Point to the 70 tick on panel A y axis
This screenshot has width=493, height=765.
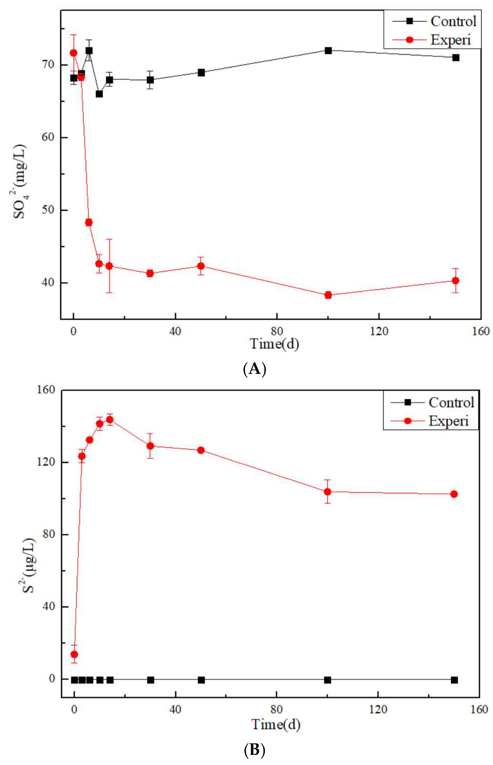48,65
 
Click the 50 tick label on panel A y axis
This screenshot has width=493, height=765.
48,210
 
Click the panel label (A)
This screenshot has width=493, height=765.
255,369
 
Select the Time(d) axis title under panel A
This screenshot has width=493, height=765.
274,344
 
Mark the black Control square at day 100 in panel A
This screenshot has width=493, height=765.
328,50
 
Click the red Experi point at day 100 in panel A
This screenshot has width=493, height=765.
328,295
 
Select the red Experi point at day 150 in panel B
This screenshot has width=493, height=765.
454,494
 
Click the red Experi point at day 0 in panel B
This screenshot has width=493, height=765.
74,654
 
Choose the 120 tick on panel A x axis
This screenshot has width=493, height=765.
379,331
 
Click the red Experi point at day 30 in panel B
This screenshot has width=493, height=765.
150,446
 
